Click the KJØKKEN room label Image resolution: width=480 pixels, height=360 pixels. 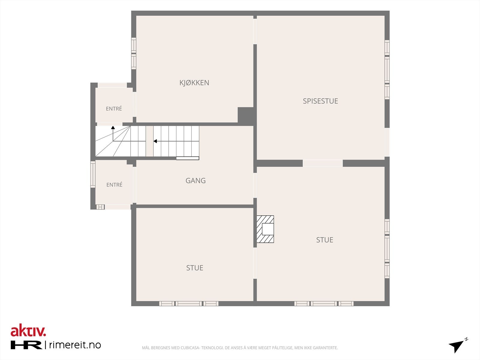pos(194,82)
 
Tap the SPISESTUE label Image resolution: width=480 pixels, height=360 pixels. pos(320,101)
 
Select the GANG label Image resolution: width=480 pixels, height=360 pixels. pos(196,181)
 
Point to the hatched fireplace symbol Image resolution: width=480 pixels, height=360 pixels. pos(265,229)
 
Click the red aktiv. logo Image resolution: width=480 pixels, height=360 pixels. pos(28,331)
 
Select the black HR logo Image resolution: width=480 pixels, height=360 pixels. pos(26,345)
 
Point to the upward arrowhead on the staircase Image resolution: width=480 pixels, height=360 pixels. pos(113,128)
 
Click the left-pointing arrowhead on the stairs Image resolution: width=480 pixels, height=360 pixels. pos(155,141)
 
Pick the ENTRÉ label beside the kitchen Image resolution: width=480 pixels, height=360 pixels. pos(114,109)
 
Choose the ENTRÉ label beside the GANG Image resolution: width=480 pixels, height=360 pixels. pos(114,185)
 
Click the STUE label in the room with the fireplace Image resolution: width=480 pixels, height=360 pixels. pos(325,240)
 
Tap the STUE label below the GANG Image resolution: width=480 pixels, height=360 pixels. pos(195,268)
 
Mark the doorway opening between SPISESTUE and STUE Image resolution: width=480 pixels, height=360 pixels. pos(323,163)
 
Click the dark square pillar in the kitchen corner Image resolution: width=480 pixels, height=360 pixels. pos(246,115)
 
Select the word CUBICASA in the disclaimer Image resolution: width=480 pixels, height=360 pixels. pos(190,348)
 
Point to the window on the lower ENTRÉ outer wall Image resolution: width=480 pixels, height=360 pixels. pos(93,174)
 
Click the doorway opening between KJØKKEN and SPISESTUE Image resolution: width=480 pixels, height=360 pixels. pos(255,31)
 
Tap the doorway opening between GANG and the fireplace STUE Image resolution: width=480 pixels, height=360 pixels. pos(255,185)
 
